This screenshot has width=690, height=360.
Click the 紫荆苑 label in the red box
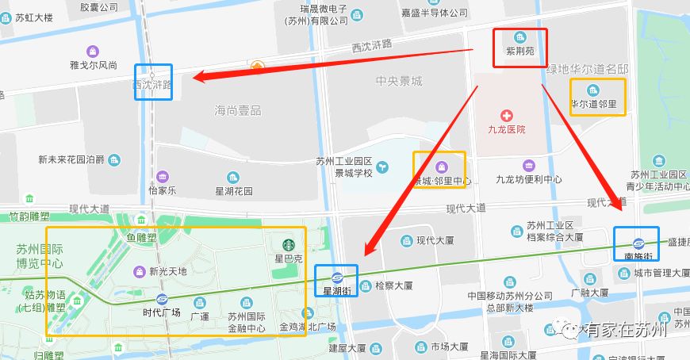tap(520, 51)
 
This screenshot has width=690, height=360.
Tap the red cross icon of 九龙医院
tap(505, 116)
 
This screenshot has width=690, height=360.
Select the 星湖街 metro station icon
tap(337, 277)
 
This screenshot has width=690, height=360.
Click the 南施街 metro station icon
tap(638, 243)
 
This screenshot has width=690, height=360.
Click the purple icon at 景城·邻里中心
tap(442, 166)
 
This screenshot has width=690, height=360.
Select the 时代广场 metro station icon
tap(162, 299)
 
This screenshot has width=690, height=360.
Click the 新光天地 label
tap(168, 271)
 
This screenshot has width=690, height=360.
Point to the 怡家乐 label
tap(163, 190)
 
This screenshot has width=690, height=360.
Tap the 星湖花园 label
tap(234, 191)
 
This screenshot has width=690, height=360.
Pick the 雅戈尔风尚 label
tap(94, 65)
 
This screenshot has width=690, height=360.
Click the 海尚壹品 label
tap(238, 110)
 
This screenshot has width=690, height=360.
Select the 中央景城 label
tap(399, 82)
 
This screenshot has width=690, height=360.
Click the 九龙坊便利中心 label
tap(529, 180)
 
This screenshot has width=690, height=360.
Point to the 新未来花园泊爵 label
tap(71, 159)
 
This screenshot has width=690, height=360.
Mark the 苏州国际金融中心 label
tap(246, 322)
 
